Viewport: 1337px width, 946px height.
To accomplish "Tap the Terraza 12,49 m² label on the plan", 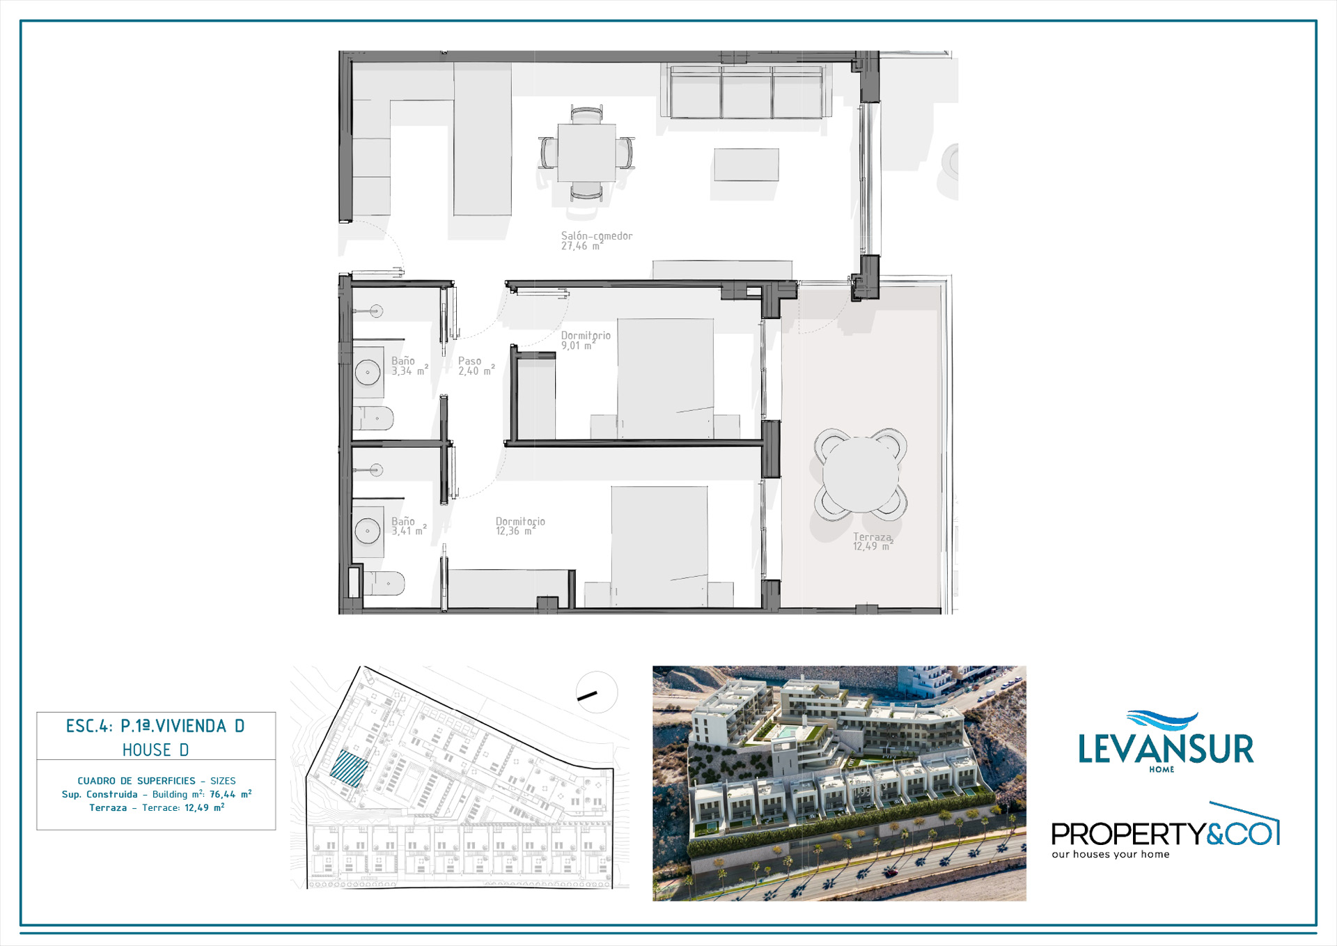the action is [873, 541].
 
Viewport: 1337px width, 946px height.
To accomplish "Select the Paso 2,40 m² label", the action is [476, 366].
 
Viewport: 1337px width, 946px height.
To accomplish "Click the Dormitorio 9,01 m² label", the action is [586, 340].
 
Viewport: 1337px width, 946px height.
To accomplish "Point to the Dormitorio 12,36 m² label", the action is [520, 526].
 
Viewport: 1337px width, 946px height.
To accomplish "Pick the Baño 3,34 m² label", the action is [409, 366].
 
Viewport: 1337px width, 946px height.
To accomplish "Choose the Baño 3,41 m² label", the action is [409, 526].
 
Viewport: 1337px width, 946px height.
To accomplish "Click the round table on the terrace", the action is [861, 475].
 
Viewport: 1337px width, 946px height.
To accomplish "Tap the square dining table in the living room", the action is [586, 153].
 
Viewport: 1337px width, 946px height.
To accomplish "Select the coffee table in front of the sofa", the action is [746, 164].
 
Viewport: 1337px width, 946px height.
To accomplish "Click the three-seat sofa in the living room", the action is [746, 92].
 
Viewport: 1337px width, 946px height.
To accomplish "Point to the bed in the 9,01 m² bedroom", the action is [666, 379].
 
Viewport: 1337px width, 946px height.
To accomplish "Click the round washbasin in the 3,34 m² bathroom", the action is [368, 372].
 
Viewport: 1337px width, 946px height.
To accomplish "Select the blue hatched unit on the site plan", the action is [349, 769].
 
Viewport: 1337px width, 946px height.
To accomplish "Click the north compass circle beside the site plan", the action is [597, 692].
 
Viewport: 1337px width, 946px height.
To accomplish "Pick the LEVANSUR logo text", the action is [1166, 749].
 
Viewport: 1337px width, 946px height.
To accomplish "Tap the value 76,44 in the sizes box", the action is [223, 794].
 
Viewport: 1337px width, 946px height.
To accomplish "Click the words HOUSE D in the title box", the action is [156, 750].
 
